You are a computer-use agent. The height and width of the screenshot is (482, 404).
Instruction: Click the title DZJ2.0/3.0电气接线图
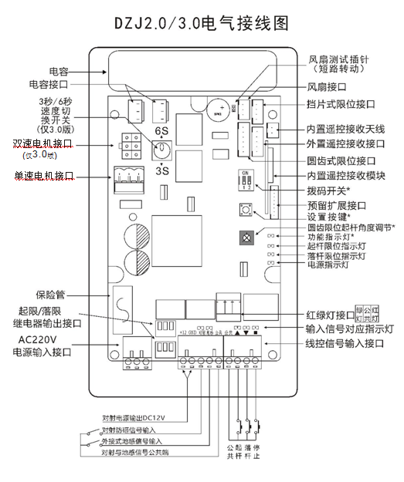click(202, 23)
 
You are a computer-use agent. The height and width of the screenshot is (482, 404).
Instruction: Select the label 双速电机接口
click(42, 144)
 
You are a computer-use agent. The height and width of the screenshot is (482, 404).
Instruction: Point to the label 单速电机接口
click(43, 176)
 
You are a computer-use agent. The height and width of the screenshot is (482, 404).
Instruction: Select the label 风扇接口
click(327, 88)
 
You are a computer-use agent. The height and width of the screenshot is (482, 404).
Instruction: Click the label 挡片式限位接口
click(343, 105)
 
